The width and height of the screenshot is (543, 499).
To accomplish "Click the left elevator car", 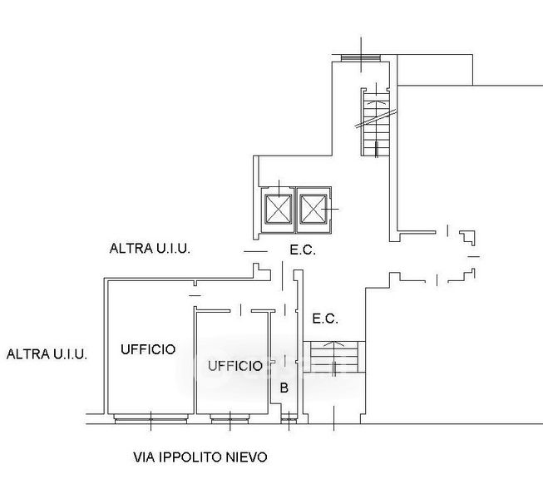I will [278, 208].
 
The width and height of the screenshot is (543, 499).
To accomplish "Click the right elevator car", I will [313, 208].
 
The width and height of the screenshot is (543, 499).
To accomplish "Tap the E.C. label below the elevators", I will [302, 249].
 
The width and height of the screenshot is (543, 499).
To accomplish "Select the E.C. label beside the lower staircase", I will [324, 319].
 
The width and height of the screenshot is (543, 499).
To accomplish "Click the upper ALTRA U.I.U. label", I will [151, 248].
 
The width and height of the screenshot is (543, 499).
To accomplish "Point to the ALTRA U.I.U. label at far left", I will [47, 353].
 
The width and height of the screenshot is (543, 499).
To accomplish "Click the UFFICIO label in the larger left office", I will [148, 349].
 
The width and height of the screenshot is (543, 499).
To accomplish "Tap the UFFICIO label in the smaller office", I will [234, 365].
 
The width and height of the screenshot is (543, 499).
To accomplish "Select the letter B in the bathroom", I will [284, 388].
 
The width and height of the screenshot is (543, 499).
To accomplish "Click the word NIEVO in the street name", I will [247, 457].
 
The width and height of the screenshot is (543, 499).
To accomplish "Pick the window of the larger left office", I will [149, 418].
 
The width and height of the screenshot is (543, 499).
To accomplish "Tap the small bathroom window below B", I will [288, 419].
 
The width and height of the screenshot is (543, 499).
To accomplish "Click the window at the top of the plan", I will [361, 57].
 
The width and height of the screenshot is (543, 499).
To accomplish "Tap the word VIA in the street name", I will [144, 457].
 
